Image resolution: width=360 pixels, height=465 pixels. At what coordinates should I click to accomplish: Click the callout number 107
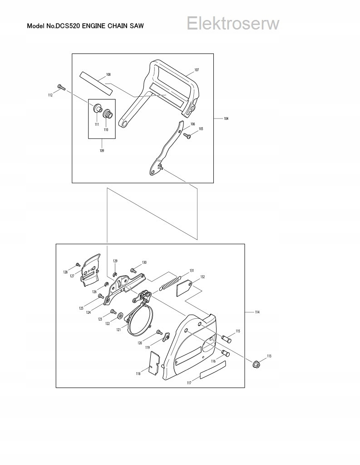(x=197, y=70)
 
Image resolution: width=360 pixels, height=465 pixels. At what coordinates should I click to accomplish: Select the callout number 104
(x=226, y=119)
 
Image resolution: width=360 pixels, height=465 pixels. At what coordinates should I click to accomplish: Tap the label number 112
(x=50, y=95)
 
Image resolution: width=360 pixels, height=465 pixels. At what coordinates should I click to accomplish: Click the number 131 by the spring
(x=192, y=271)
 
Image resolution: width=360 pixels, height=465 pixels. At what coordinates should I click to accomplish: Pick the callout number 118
(x=138, y=373)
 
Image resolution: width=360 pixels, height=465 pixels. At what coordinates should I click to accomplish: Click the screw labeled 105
(x=187, y=134)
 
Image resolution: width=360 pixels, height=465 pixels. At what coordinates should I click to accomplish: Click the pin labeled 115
(x=227, y=338)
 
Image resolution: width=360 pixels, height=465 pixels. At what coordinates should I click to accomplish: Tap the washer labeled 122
(x=121, y=315)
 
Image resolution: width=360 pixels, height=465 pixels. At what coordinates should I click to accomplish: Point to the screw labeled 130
(x=133, y=270)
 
